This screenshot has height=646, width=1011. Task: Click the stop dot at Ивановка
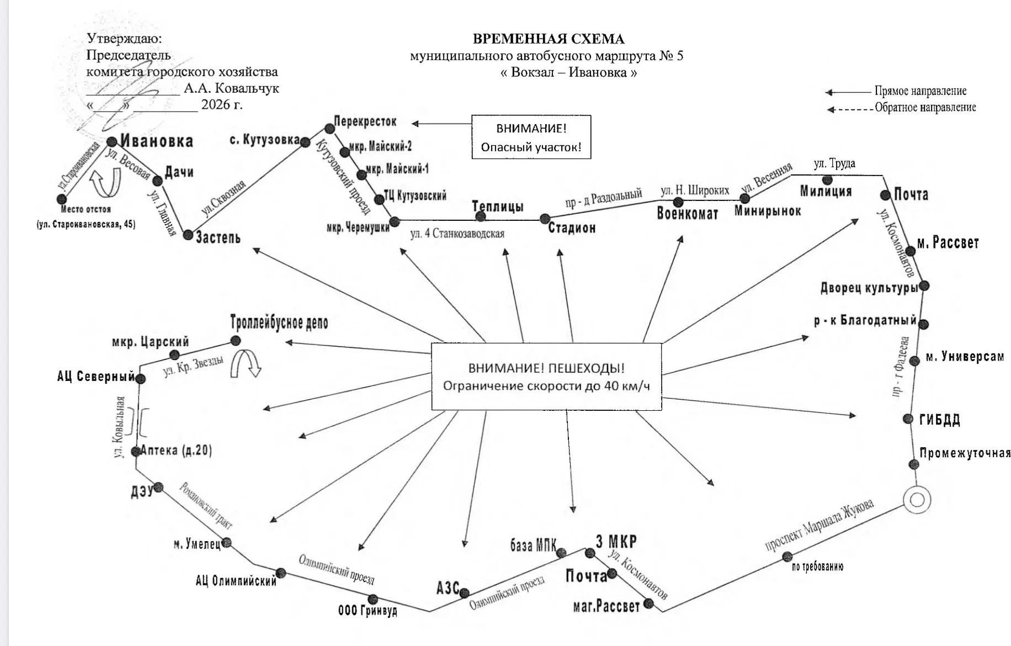coord(112,142)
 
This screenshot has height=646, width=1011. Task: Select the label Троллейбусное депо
coord(279,322)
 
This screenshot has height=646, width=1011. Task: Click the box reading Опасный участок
coord(531,137)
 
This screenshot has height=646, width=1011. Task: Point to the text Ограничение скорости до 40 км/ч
coord(546,386)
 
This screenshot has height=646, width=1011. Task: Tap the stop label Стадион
coord(572,228)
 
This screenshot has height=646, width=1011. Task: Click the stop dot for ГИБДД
coord(908,419)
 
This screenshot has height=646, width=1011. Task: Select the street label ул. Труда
coord(834,163)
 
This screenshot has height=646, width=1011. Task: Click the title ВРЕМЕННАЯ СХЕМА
coord(549,39)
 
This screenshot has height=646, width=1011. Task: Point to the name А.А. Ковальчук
coord(231,88)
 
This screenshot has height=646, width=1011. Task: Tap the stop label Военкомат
coord(688,214)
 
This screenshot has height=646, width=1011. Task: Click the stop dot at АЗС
coord(464,594)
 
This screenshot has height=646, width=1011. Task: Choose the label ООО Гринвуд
coord(368,611)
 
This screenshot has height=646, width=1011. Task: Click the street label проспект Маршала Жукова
coord(820,525)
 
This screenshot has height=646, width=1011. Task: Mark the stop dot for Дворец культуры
coord(924,286)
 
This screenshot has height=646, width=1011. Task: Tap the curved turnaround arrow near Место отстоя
coord(105,183)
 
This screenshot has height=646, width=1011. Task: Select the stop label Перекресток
coord(365,121)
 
